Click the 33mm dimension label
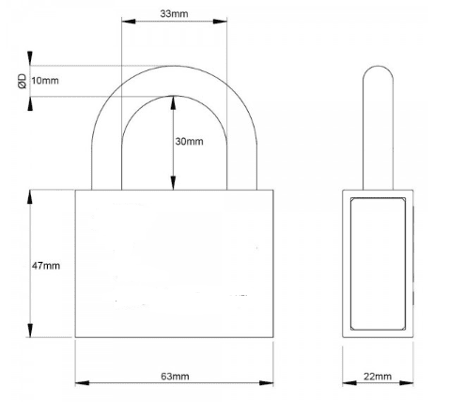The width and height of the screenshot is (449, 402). pyautogui.click(x=174, y=14)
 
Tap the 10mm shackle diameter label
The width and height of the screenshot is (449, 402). pyautogui.click(x=45, y=81)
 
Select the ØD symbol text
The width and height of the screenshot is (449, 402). pyautogui.click(x=23, y=82)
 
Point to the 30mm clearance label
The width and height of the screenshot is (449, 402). pyautogui.click(x=189, y=141)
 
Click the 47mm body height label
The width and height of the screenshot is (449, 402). pyautogui.click(x=46, y=266)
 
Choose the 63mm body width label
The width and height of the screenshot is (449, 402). pyautogui.click(x=175, y=376)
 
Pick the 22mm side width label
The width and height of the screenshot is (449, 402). pyautogui.click(x=378, y=376)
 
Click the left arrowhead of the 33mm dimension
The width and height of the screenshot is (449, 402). pyautogui.click(x=129, y=22)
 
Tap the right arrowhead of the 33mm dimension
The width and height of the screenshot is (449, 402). pyautogui.click(x=220, y=22)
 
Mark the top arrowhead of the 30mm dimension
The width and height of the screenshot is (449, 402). pyautogui.click(x=173, y=103)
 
